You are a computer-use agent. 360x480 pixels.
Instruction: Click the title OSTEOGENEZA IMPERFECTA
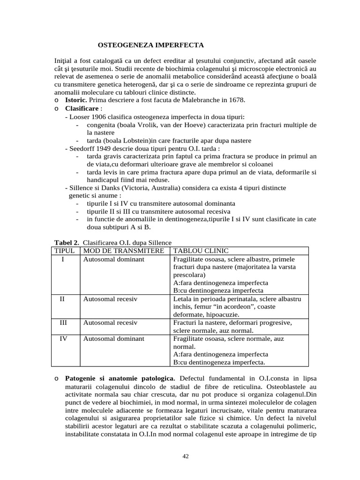coord(150,45)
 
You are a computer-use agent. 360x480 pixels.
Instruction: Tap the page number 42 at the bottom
coord(185,456)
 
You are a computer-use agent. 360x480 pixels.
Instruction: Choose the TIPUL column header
coord(65,251)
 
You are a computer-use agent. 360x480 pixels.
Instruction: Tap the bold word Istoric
coord(75,100)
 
